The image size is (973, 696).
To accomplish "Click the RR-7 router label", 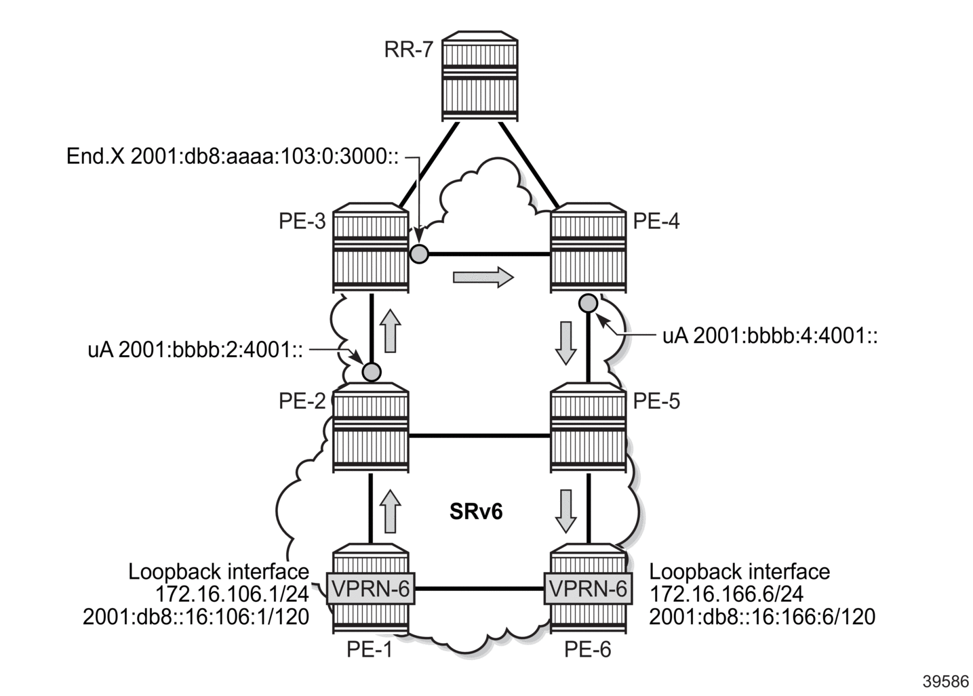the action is tap(409, 50).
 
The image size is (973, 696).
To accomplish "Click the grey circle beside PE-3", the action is tap(419, 254).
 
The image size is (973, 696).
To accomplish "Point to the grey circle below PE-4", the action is tap(589, 304).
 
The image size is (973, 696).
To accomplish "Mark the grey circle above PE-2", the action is tap(372, 372).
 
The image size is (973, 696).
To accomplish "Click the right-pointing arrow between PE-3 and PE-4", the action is tap(483, 277).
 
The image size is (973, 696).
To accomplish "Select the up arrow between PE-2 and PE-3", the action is tap(391, 331).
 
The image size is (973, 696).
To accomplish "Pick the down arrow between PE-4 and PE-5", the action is tap(566, 343).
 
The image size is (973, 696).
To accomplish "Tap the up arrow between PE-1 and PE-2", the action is tap(391, 511).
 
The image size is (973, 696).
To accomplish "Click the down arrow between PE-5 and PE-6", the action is tap(566, 511).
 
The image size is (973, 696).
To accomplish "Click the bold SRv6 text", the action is tap(476, 512).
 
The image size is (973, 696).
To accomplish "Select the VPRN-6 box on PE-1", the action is tap(371, 589).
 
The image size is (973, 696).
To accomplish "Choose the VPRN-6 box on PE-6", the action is tap(588, 589).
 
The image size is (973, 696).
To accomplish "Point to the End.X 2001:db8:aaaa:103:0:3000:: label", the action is tap(233, 157).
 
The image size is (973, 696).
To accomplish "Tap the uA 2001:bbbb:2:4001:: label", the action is tap(195, 350).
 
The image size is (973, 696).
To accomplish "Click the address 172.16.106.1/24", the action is tap(232, 594).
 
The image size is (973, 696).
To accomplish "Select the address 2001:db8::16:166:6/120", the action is tap(762, 617).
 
